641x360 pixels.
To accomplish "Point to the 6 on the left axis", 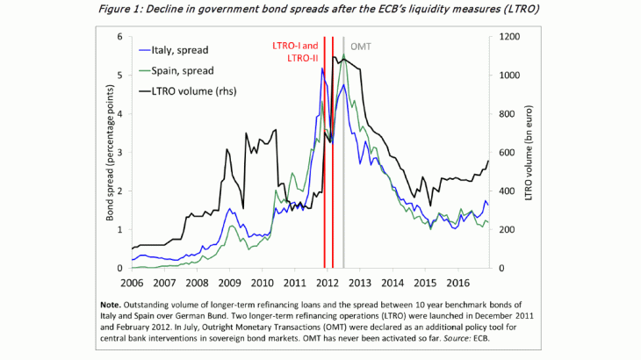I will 120,37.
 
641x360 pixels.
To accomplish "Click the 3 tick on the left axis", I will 120,153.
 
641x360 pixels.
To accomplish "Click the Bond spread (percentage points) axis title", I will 109,153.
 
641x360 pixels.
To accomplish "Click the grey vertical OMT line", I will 344,176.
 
